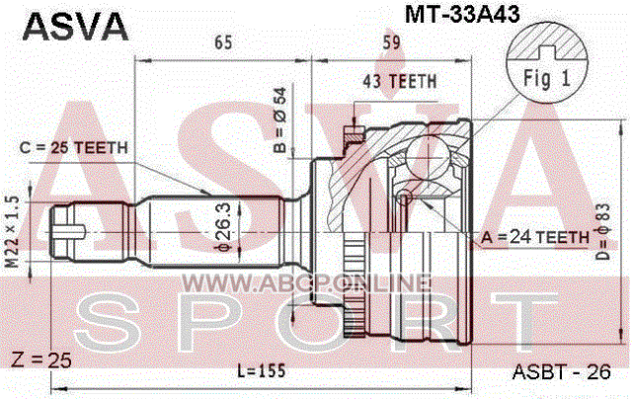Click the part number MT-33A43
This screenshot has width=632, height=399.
(462, 15)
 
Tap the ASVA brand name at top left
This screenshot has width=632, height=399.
(75, 27)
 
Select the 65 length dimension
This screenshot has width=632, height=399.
(223, 41)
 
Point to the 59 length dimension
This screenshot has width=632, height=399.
(391, 41)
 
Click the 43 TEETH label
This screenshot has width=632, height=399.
(400, 81)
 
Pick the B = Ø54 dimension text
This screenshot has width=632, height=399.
(279, 120)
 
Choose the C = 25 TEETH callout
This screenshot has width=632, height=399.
(73, 148)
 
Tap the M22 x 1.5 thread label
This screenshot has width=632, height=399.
(13, 231)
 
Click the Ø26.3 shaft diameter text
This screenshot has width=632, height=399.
(224, 227)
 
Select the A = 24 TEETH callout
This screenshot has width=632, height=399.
(535, 237)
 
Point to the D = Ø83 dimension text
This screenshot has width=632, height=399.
(603, 231)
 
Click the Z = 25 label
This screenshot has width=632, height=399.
(41, 359)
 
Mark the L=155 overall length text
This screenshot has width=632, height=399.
(261, 370)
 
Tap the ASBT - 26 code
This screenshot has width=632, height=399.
(562, 372)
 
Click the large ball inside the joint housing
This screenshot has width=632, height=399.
(428, 158)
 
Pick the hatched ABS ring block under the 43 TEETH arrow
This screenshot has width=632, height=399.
(354, 134)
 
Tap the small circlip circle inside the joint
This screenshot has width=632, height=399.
(404, 198)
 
